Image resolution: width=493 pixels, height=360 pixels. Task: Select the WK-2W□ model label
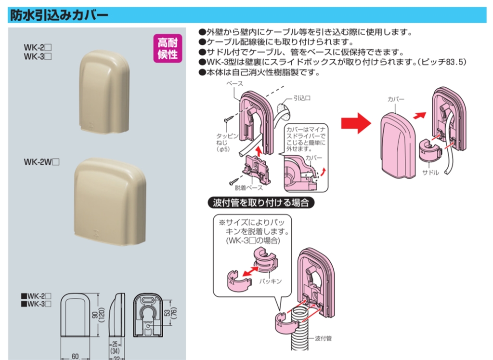pos(41,162)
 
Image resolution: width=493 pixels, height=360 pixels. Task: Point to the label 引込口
pos(302,98)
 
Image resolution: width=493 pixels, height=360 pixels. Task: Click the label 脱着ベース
pos(249,187)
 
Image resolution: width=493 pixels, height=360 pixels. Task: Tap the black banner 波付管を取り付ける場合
pos(260,202)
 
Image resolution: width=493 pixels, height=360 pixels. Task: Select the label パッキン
pos(270,280)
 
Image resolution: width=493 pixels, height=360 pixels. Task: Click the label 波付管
pos(323,338)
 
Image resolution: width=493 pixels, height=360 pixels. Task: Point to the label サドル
pos(430,172)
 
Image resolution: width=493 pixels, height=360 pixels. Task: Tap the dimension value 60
pos(75,356)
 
